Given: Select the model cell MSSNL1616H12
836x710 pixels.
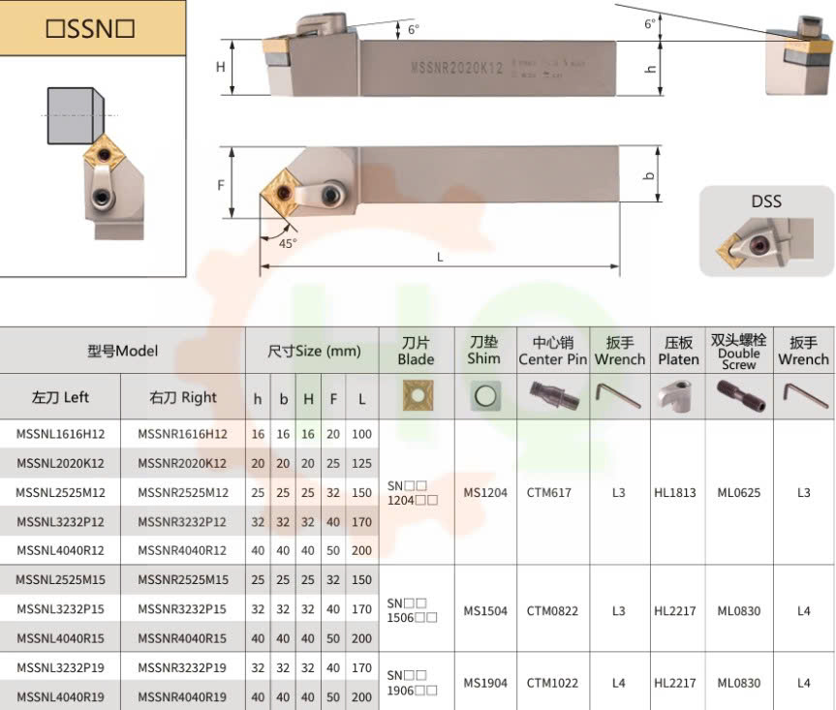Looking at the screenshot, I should point(60,434).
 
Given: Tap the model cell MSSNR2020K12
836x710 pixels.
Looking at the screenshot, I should point(182,463).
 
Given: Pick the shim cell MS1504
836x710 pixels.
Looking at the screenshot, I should point(484,611).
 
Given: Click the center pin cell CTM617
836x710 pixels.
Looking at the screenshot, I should point(549,492).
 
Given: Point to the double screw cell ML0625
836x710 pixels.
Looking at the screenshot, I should point(738,492).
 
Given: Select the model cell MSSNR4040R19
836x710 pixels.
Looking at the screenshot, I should point(182,697).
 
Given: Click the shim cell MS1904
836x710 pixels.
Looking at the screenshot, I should point(484,683).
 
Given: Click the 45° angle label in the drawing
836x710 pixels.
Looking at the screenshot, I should point(288,244).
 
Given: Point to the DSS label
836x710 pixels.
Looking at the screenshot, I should point(765,202).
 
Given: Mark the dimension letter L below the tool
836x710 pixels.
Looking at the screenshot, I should point(440,257).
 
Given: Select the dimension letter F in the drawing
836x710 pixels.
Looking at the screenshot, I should point(221,184).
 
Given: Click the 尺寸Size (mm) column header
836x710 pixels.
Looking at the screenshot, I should point(314,352).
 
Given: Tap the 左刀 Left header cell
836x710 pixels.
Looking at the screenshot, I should point(60,397).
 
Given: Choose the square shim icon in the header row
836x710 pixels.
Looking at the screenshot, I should point(483,396).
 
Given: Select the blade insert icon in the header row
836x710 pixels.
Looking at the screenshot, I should point(416,396).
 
